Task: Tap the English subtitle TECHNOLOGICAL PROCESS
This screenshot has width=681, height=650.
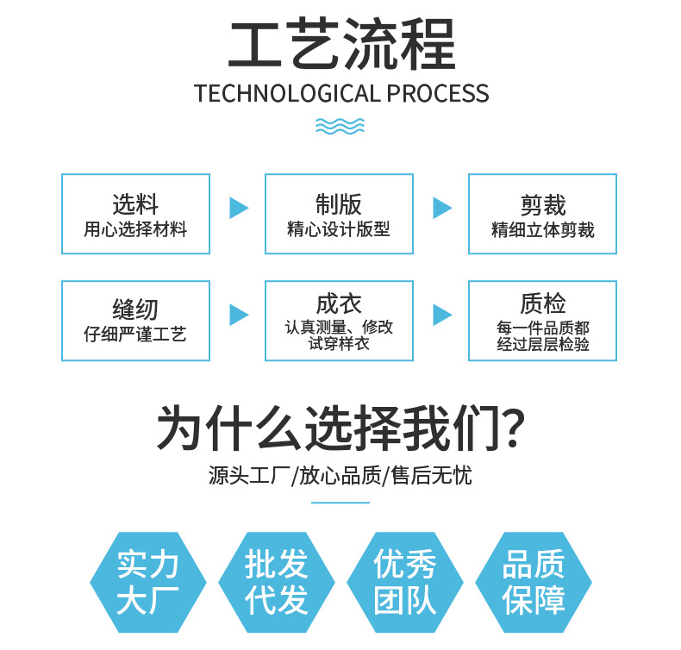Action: [340, 93]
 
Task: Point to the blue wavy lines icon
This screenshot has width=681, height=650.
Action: [340, 127]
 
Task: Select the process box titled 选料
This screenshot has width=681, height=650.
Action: [135, 214]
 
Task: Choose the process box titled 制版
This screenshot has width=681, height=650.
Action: [339, 214]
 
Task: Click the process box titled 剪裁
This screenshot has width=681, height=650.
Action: [542, 214]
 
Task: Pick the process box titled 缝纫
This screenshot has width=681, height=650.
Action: [135, 321]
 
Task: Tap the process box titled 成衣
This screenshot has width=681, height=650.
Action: [339, 321]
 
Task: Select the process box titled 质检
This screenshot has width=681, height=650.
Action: [542, 321]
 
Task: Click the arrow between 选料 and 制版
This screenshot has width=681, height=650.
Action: [238, 208]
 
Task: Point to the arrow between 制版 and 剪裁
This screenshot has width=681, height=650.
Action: [441, 208]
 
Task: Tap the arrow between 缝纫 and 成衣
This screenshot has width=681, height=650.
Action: [238, 315]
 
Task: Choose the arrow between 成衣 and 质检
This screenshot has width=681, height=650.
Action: [441, 315]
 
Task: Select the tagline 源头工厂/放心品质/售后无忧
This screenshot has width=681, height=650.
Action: [340, 476]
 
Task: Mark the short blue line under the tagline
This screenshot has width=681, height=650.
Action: [340, 502]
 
